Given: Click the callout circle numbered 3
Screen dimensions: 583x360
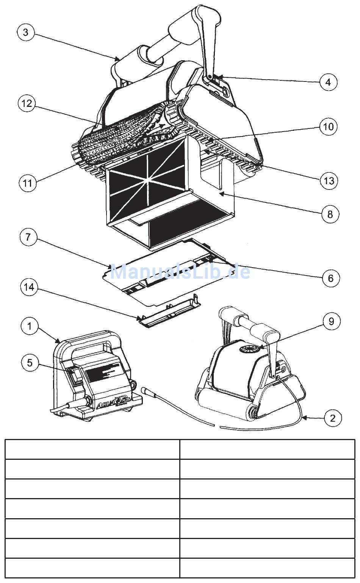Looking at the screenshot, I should [x=26, y=32].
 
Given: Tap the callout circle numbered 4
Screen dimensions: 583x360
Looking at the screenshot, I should [x=328, y=81].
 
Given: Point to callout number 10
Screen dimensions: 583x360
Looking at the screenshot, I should [x=328, y=126].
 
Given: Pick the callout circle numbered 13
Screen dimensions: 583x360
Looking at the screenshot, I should [x=329, y=180].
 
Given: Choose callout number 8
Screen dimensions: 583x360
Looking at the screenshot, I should [x=330, y=214].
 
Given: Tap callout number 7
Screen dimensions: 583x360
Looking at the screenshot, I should [x=29, y=238].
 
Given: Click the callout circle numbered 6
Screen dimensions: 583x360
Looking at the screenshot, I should [x=330, y=278].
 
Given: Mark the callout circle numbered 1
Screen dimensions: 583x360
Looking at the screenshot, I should [x=30, y=326].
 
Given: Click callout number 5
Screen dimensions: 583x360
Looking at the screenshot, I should [x=30, y=363].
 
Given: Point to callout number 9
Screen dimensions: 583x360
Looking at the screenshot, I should [x=332, y=321].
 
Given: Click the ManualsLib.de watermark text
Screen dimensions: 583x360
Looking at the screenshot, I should [x=180, y=272].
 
